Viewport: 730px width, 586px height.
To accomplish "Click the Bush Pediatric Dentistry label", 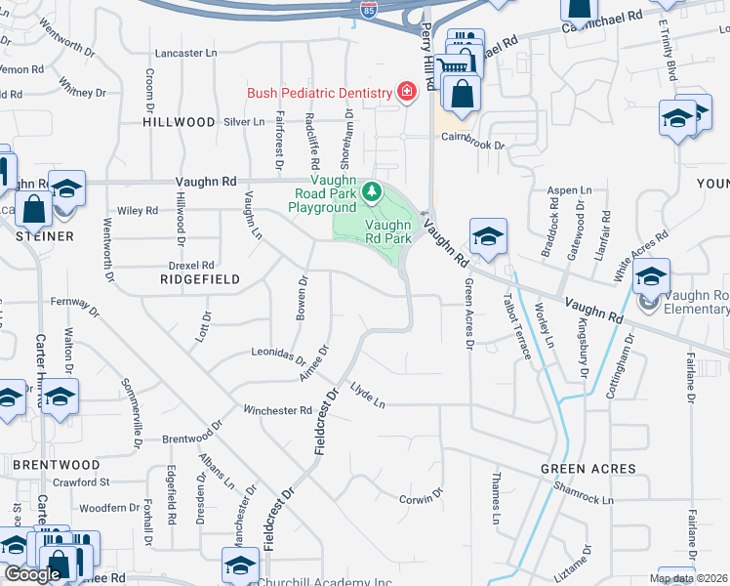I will click(319, 93).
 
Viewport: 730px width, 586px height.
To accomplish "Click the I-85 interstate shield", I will click(368, 11).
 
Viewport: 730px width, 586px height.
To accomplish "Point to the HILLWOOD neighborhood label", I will click(179, 122).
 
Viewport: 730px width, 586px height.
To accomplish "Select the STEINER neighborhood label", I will click(45, 236).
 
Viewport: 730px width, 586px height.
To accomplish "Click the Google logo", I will click(32, 573).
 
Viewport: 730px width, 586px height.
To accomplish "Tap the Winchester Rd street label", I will click(277, 410).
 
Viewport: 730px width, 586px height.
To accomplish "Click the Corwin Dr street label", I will click(422, 498).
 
